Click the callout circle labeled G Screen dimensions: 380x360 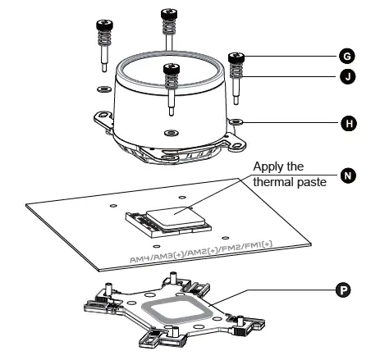click(x=347, y=57)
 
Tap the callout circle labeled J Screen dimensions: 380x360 click(x=348, y=76)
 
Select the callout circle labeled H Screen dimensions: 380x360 click(x=349, y=123)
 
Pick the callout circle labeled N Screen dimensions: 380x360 click(x=348, y=175)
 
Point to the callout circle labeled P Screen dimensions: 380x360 click(x=343, y=289)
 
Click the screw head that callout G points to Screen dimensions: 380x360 click(x=236, y=57)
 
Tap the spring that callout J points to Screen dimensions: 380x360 click(x=236, y=71)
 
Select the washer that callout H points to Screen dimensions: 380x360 click(x=236, y=121)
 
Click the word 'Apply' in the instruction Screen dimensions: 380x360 click(x=267, y=167)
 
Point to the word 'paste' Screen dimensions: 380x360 click(x=312, y=182)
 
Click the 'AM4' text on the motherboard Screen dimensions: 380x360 click(x=139, y=258)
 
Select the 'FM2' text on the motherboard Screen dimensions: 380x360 click(x=232, y=248)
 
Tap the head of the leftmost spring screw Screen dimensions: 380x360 click(x=104, y=25)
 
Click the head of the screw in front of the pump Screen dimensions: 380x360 click(x=172, y=69)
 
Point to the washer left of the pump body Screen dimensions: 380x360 click(x=103, y=89)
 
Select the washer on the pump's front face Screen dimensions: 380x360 click(x=172, y=133)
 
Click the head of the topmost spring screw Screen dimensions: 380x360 click(x=169, y=13)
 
